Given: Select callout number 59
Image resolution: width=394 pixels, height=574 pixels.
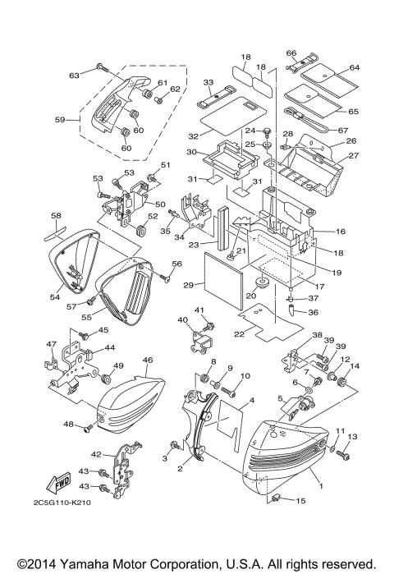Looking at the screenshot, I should click(x=59, y=120).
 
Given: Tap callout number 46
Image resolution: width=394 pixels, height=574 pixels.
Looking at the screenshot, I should click(x=148, y=360).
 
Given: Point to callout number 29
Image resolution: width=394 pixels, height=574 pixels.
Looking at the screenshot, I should click(x=189, y=285).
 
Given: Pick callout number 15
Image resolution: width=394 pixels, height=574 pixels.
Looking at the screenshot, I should click(x=301, y=501).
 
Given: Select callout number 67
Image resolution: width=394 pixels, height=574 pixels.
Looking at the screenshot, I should click(x=343, y=130).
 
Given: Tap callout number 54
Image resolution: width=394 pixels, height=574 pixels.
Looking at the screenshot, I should click(x=54, y=296).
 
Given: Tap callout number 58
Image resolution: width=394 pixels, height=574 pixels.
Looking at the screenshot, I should click(x=56, y=217).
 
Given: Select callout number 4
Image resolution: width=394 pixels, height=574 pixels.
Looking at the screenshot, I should click(x=253, y=400).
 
